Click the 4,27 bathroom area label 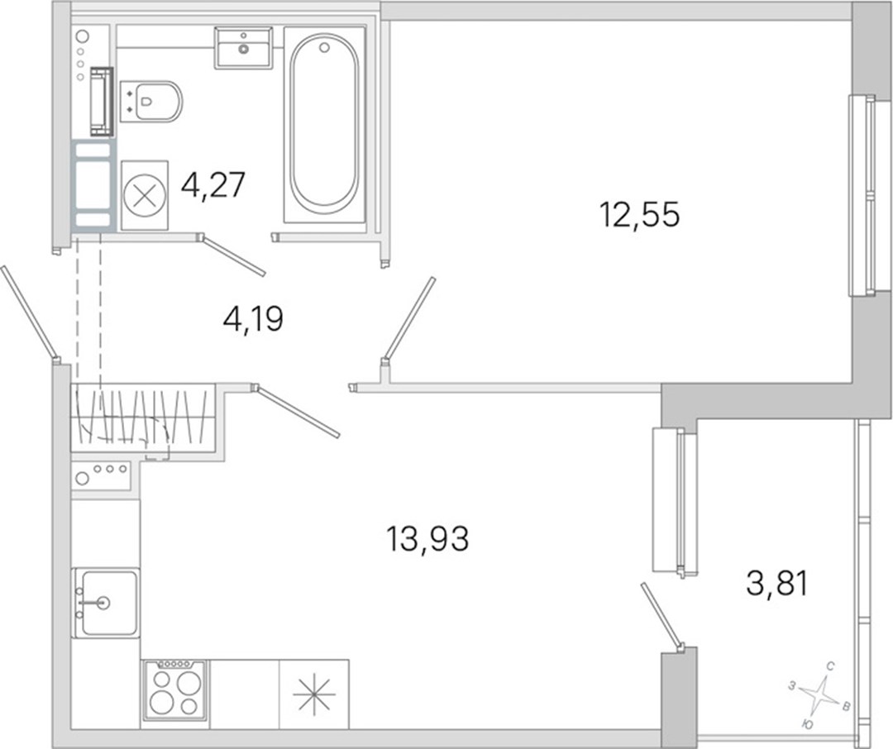(x=213, y=185)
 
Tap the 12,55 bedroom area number (x=639, y=215)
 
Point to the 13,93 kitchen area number (x=427, y=538)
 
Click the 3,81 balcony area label (x=776, y=584)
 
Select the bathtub (x=325, y=124)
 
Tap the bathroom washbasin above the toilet (x=243, y=48)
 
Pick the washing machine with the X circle (x=145, y=195)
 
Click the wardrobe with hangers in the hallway (x=142, y=417)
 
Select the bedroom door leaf (x=409, y=319)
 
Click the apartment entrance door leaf (x=30, y=313)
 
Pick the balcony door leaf (x=661, y=618)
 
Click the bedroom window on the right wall (x=861, y=195)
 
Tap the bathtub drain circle (x=325, y=48)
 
